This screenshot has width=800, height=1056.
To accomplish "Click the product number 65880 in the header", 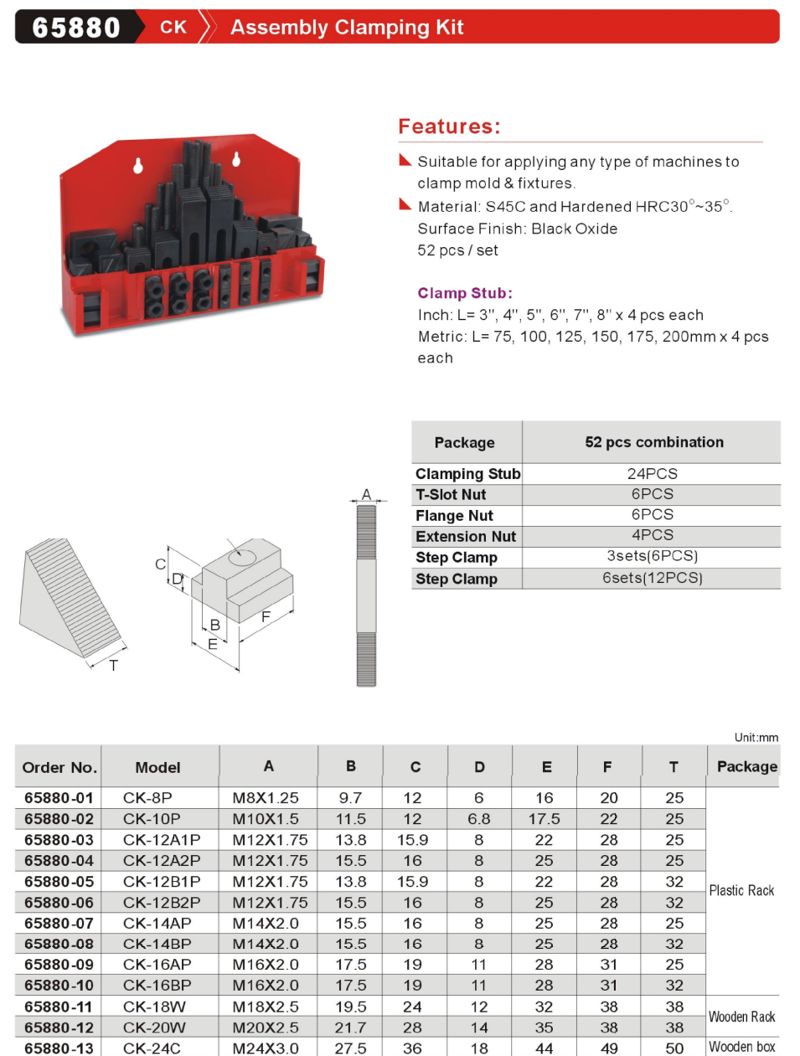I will [x=76, y=28].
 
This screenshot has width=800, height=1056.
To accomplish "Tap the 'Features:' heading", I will [x=449, y=126].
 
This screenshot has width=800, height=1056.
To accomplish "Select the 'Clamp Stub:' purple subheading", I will [x=465, y=293].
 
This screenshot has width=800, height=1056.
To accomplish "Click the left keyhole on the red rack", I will [x=138, y=166].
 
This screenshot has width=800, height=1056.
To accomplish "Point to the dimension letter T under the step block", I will [x=114, y=666].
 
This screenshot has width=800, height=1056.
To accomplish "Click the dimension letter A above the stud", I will [x=366, y=495].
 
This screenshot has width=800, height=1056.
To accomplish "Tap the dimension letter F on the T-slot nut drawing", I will [x=266, y=616].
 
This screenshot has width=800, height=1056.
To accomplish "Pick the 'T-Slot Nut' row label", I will [x=451, y=495].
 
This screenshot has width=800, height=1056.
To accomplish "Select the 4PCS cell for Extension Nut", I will [x=652, y=535].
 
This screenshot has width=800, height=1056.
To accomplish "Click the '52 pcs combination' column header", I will [x=653, y=442].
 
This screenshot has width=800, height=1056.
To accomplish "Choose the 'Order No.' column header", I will [x=59, y=767].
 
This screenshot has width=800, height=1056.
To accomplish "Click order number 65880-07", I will [x=59, y=923].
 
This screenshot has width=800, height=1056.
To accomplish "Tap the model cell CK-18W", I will [x=154, y=1007].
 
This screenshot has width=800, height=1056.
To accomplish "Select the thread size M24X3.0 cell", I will [x=265, y=1048].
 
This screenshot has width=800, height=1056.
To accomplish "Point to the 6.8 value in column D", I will [x=478, y=819].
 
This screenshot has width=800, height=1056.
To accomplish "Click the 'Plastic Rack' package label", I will [x=741, y=890].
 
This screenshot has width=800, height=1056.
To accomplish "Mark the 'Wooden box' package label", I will [x=741, y=1047].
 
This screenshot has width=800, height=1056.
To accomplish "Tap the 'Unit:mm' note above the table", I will [x=756, y=737].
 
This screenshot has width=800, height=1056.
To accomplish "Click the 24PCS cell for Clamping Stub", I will [x=652, y=474].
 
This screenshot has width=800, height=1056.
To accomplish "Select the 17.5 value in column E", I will [x=544, y=819].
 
